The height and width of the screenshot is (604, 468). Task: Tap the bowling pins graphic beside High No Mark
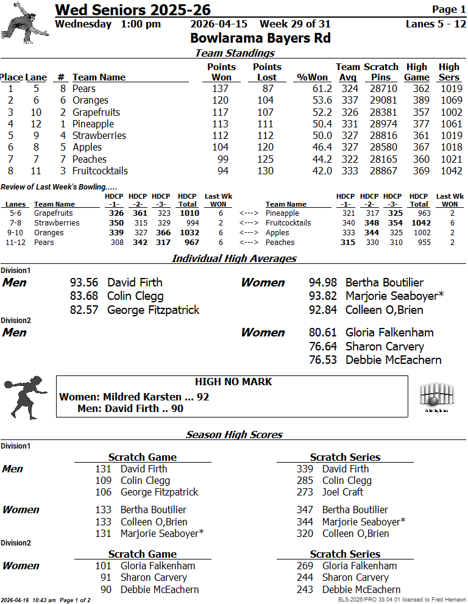pyautogui.click(x=437, y=396)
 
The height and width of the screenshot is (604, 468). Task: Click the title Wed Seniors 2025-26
pyautogui.click(x=133, y=10)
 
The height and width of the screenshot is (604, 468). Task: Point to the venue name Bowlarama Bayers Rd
pyautogui.click(x=260, y=38)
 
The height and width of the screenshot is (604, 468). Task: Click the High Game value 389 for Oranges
pyautogui.click(x=417, y=101)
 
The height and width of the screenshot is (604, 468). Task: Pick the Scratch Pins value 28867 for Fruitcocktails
pyautogui.click(x=383, y=171)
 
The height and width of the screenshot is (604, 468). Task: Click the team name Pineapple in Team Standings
pyautogui.click(x=93, y=124)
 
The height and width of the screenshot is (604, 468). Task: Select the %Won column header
pyautogui.click(x=311, y=77)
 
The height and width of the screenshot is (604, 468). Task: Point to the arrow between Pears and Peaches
pyautogui.click(x=250, y=243)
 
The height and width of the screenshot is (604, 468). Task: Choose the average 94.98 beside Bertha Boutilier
pyautogui.click(x=323, y=282)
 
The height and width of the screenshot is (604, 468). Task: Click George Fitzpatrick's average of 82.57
pyautogui.click(x=84, y=310)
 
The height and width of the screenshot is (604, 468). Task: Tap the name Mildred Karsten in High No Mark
pyautogui.click(x=142, y=397)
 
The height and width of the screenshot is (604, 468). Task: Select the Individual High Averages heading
pyautogui.click(x=234, y=258)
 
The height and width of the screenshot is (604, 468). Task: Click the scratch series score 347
pyautogui.click(x=305, y=510)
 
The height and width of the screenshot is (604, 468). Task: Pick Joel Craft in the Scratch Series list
pyautogui.click(x=342, y=492)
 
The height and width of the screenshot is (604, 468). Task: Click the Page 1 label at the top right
pyautogui.click(x=448, y=9)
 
